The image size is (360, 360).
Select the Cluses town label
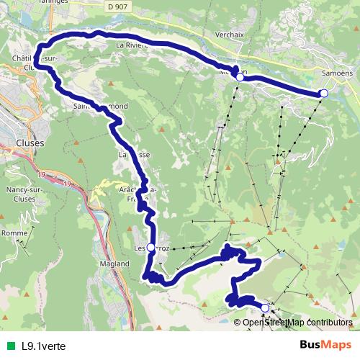click(29, 143)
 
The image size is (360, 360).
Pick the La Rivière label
click(131, 44)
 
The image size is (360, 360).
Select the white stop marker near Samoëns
click(324, 94)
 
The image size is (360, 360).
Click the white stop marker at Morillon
click(240, 76)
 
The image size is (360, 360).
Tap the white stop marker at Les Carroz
click(150, 248)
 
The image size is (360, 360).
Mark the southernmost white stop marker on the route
click(265, 308)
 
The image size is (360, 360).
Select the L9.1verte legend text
click(44, 345)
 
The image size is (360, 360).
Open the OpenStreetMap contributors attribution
click(297, 323)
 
